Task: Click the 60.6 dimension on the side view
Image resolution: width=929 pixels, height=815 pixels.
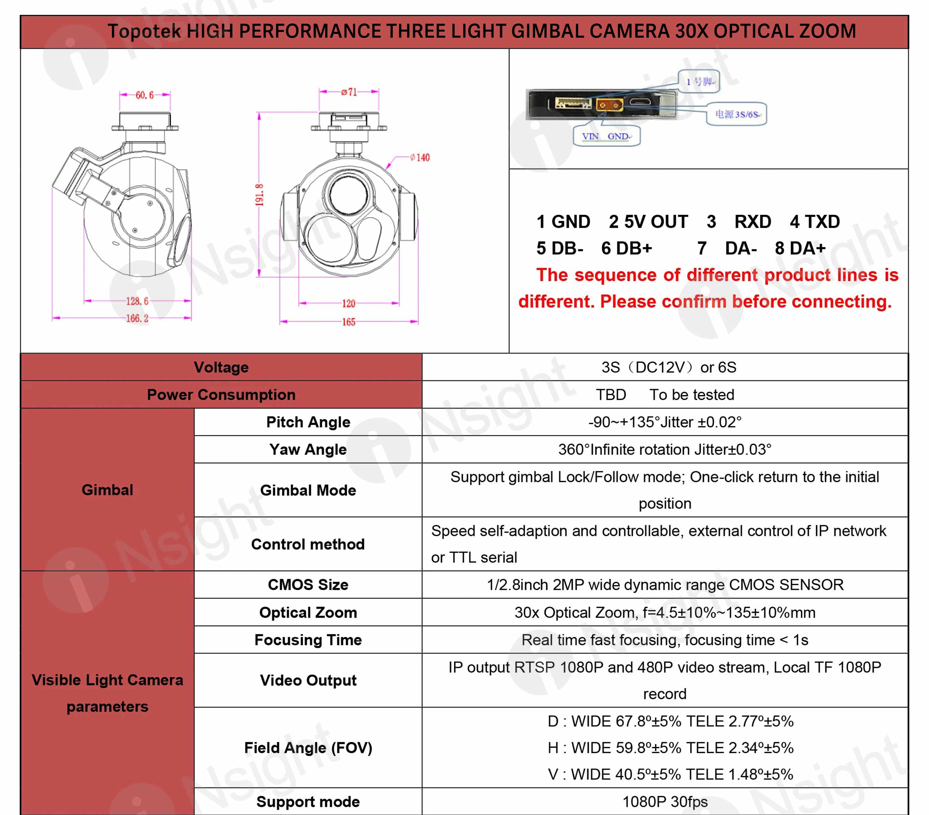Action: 145,95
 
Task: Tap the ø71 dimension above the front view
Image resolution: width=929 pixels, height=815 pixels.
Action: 349,92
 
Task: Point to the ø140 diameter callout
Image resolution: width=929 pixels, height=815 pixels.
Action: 420,157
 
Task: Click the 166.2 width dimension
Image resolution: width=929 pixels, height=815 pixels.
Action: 137,318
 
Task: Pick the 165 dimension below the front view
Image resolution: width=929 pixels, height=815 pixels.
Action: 349,322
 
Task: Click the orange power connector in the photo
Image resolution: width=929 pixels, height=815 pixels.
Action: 609,106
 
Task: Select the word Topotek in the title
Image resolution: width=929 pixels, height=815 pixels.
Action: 143,31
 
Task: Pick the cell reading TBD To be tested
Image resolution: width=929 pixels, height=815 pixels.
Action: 664,395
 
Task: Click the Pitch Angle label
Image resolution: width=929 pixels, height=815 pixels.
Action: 308,422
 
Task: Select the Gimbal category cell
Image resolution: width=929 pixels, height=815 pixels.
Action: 107,489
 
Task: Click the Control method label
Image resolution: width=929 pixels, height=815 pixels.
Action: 308,544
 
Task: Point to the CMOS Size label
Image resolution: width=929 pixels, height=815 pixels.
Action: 308,585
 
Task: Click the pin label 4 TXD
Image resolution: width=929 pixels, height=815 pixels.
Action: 815,222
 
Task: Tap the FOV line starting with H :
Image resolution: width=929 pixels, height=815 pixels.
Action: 670,748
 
